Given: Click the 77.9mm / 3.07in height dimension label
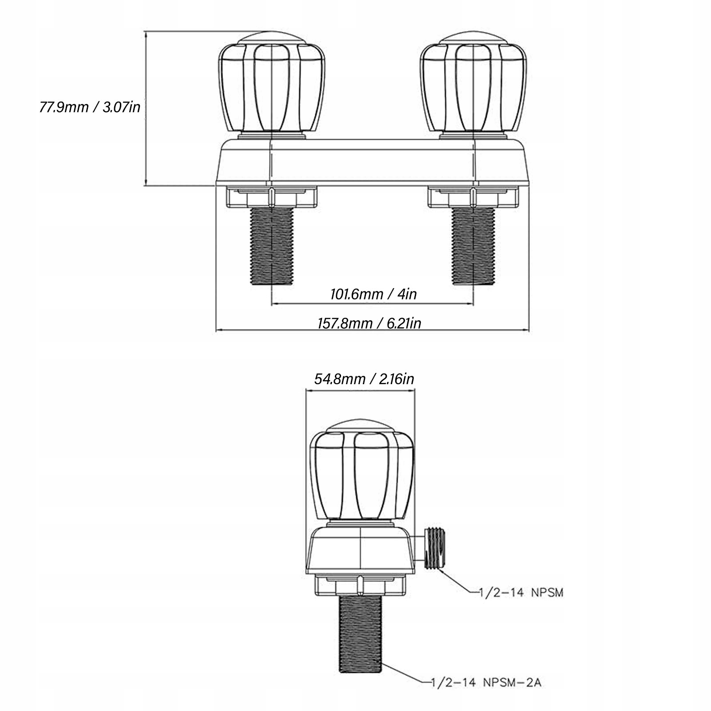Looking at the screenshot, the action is point(90,107).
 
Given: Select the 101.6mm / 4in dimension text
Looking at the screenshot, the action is point(373,294).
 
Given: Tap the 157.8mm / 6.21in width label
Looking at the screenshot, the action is point(369,323).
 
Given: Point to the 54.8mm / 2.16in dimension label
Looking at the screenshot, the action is point(364,379).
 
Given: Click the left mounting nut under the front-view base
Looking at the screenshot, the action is point(271,197).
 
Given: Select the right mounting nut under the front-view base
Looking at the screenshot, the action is point(473,197).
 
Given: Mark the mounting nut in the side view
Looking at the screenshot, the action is point(360,585).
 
